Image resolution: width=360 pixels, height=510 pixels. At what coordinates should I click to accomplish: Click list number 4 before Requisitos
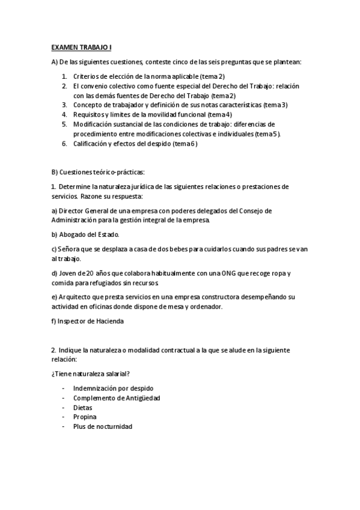(x=64, y=114)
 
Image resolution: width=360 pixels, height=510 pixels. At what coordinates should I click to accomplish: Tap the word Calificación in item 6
(x=91, y=144)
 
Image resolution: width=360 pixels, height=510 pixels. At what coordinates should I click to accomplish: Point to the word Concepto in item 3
(x=87, y=105)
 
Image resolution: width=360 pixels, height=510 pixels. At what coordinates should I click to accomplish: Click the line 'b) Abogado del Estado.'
(x=85, y=234)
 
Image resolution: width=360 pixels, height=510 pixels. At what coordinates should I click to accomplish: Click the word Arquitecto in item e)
(x=76, y=297)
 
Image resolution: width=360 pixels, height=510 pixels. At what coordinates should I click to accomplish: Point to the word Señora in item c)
(x=69, y=248)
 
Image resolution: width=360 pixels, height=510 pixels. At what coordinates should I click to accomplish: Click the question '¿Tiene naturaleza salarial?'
(x=91, y=373)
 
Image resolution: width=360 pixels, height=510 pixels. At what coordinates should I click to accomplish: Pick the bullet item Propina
(x=84, y=416)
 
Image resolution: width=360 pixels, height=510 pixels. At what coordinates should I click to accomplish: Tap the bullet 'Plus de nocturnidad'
(x=102, y=426)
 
